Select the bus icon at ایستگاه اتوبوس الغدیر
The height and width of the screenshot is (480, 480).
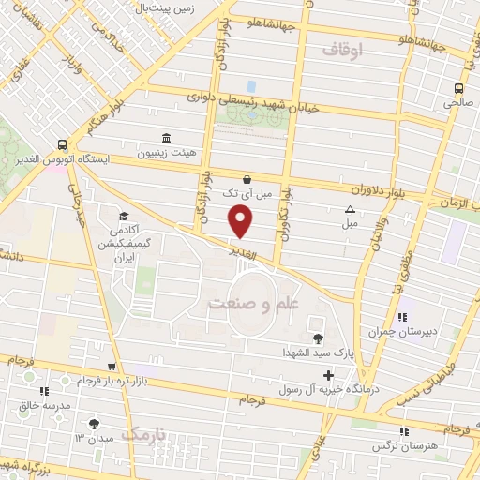click(62, 145)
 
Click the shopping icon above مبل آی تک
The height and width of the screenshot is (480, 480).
click(247, 178)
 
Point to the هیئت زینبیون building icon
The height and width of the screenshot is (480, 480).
click(166, 138)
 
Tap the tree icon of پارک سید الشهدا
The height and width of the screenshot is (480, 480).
click(317, 338)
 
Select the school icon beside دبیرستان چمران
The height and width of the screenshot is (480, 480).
click(401, 317)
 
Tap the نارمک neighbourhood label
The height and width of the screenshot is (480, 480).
click(148, 434)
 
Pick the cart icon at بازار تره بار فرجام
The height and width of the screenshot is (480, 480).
click(112, 366)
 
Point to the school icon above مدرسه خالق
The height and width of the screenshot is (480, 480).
click(43, 391)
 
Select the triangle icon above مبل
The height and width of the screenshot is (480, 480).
click(351, 210)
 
